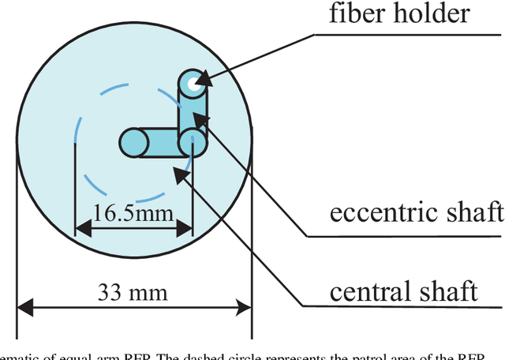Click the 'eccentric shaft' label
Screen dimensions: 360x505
coord(417,212)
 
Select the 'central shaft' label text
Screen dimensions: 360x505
coord(402,291)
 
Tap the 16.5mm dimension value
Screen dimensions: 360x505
coord(134,213)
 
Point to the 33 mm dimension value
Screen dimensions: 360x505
coord(133,293)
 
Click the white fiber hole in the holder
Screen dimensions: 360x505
coord(192,81)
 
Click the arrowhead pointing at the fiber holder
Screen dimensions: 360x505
coord(204,79)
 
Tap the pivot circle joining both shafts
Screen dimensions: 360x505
coord(192,142)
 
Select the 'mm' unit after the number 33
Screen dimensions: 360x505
coord(151,293)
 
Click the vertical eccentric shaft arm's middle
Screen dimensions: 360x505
coord(193,111)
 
